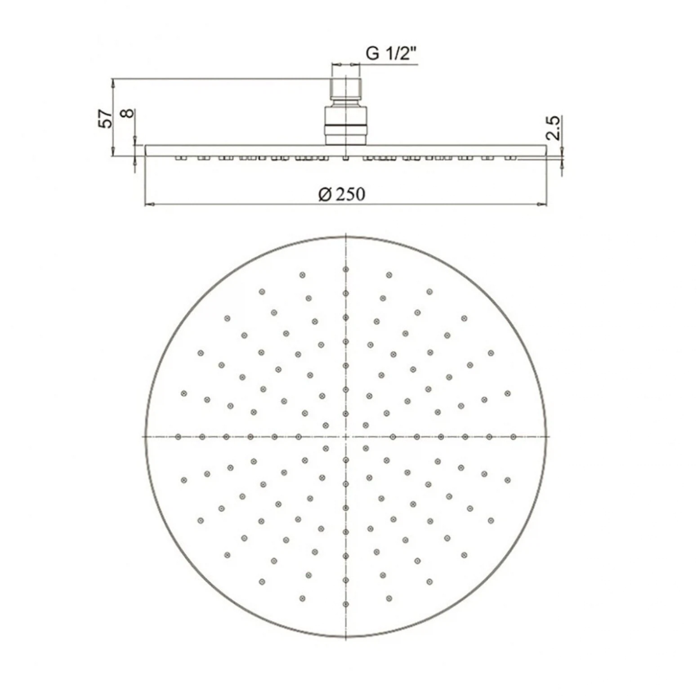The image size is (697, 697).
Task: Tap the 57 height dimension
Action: point(106,118)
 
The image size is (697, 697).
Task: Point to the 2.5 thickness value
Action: point(554,128)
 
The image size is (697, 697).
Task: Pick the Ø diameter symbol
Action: point(325,195)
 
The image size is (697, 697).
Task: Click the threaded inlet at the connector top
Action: point(346,89)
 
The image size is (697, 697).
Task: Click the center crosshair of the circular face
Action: point(345,437)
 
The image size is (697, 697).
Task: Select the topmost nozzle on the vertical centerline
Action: point(345,269)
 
